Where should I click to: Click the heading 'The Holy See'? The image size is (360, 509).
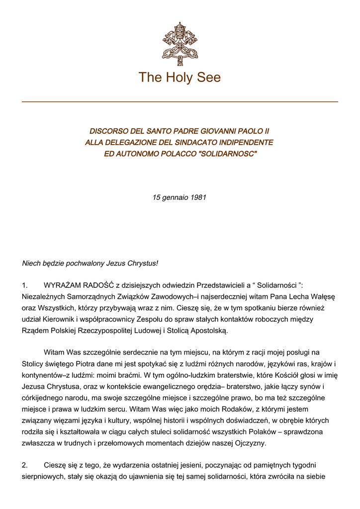pos(180,78)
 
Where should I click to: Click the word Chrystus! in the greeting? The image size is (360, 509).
pos(142,263)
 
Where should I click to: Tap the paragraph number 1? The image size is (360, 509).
pos(25,285)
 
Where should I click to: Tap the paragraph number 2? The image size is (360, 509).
pos(25,466)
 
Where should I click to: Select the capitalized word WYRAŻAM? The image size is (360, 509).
pos(62,285)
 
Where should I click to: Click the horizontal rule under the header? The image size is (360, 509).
pos(180,102)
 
